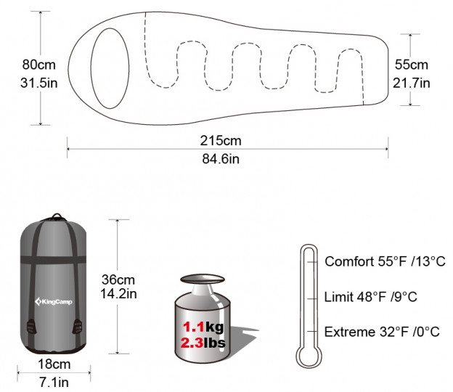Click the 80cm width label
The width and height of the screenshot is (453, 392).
click(x=38, y=65)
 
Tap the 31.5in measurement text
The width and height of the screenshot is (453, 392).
click(x=38, y=83)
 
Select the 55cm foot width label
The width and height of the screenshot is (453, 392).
click(x=412, y=65)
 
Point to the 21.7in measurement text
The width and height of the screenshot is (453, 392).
click(x=412, y=83)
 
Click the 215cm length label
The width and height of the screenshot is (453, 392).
click(x=221, y=141)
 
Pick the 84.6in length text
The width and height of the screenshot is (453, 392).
click(x=221, y=159)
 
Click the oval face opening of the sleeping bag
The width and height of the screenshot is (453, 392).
click(x=110, y=68)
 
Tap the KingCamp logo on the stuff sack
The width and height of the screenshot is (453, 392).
click(x=54, y=302)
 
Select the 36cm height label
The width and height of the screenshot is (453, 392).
click(x=118, y=279)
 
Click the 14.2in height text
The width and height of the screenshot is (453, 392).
click(x=118, y=294)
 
